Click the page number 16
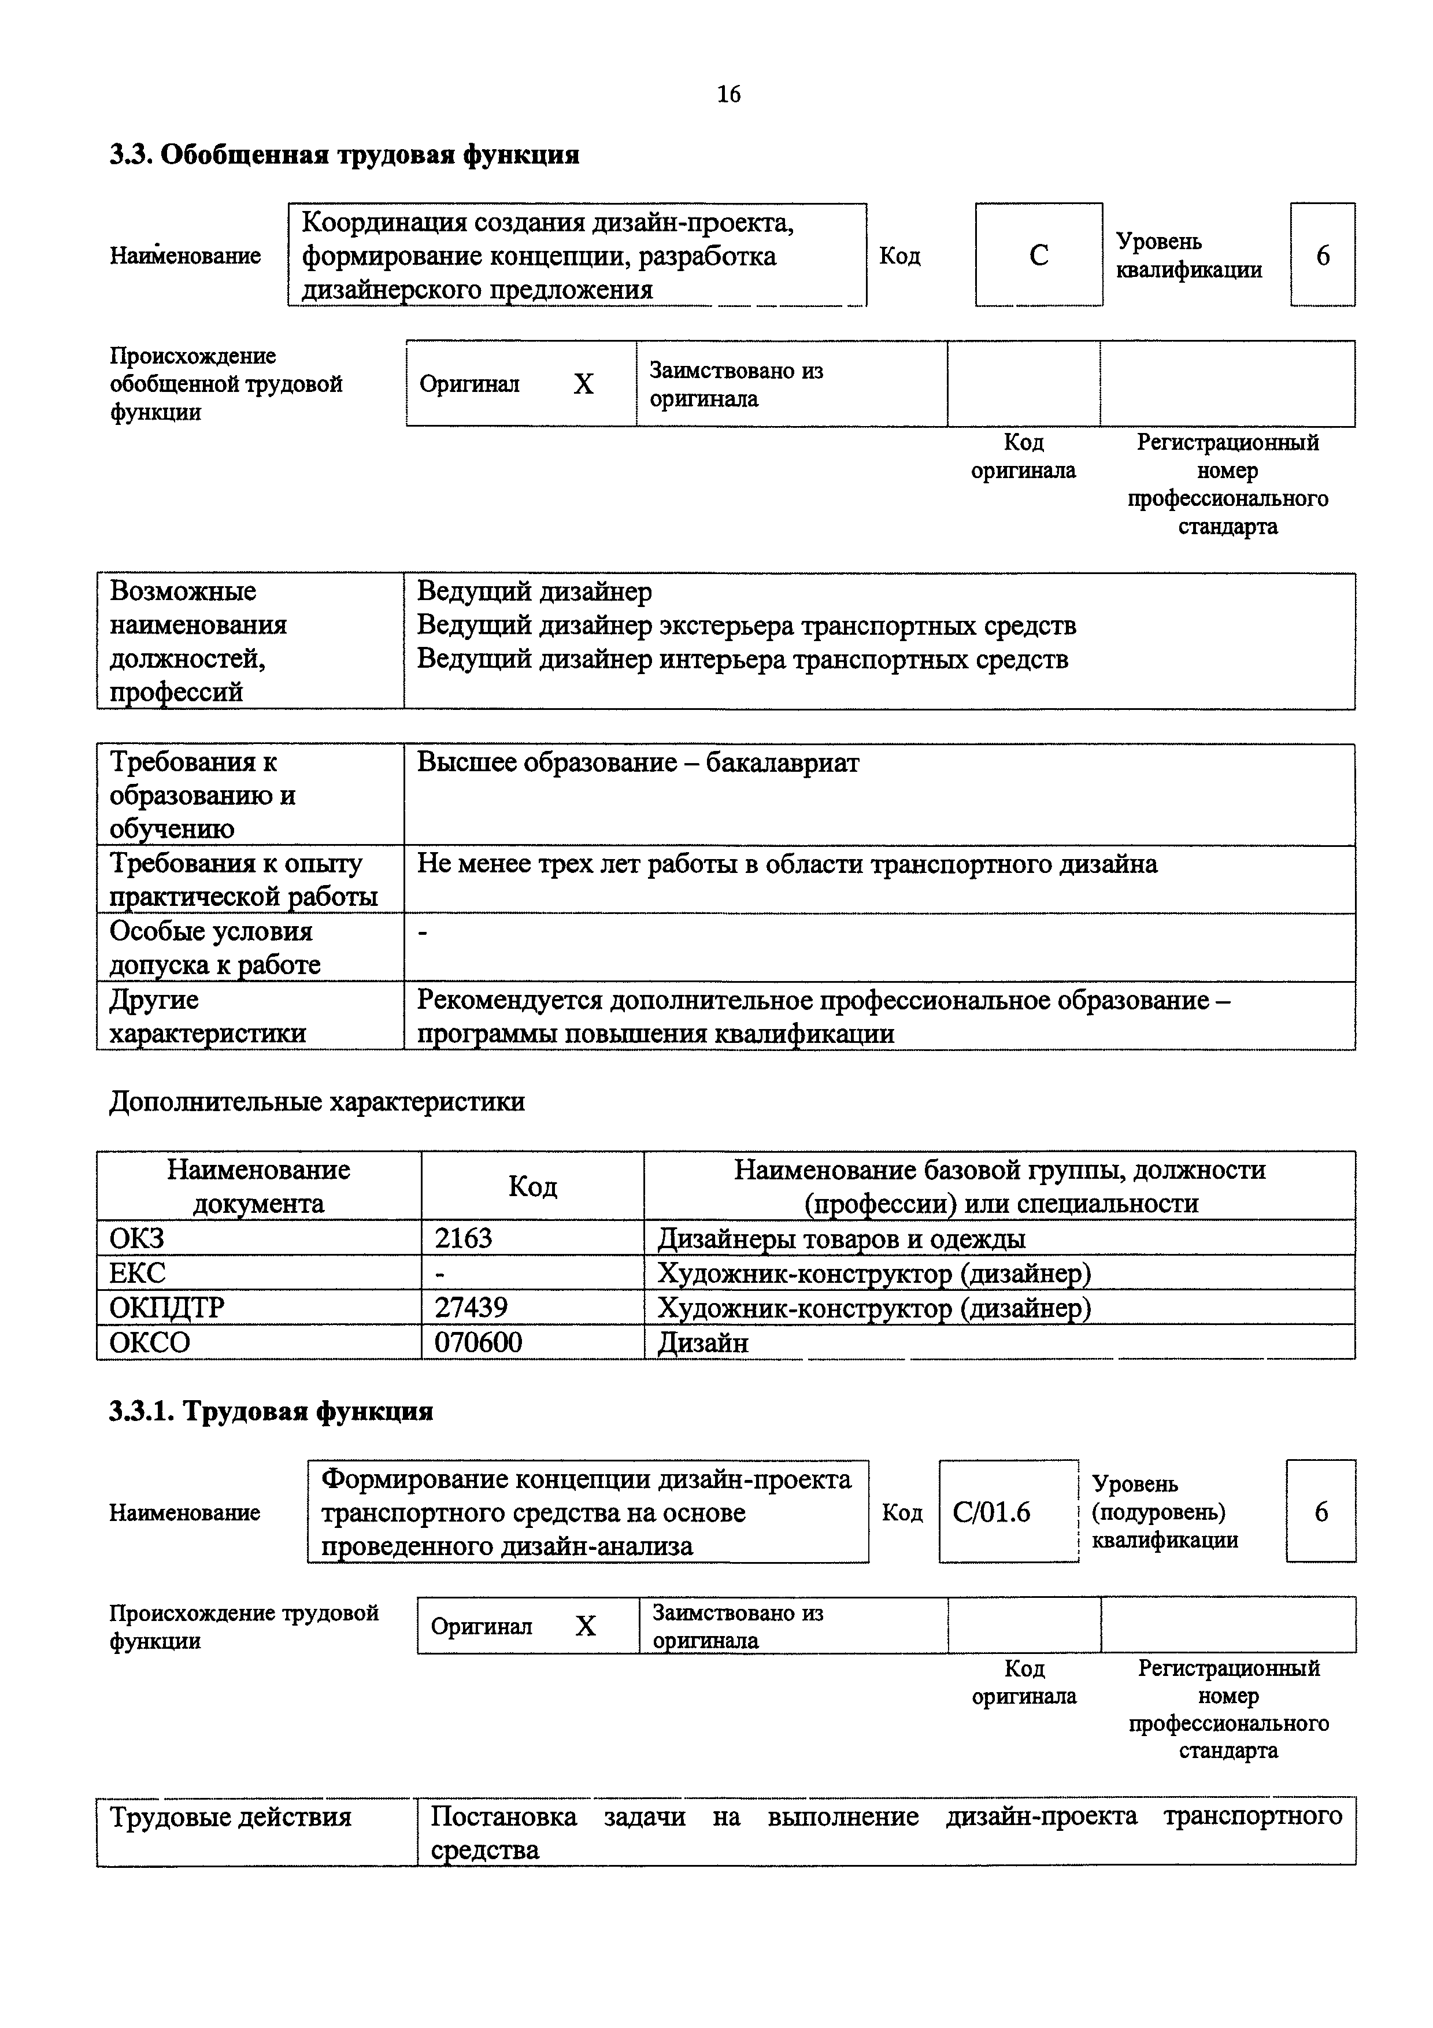coord(728,94)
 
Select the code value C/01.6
coord(991,1512)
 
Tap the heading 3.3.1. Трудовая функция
coord(271,1412)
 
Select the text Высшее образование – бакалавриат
coord(638,763)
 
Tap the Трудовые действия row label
coord(231,1817)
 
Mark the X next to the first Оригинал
coord(584,384)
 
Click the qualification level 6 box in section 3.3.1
coord(1321,1512)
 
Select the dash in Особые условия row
coord(422,932)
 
